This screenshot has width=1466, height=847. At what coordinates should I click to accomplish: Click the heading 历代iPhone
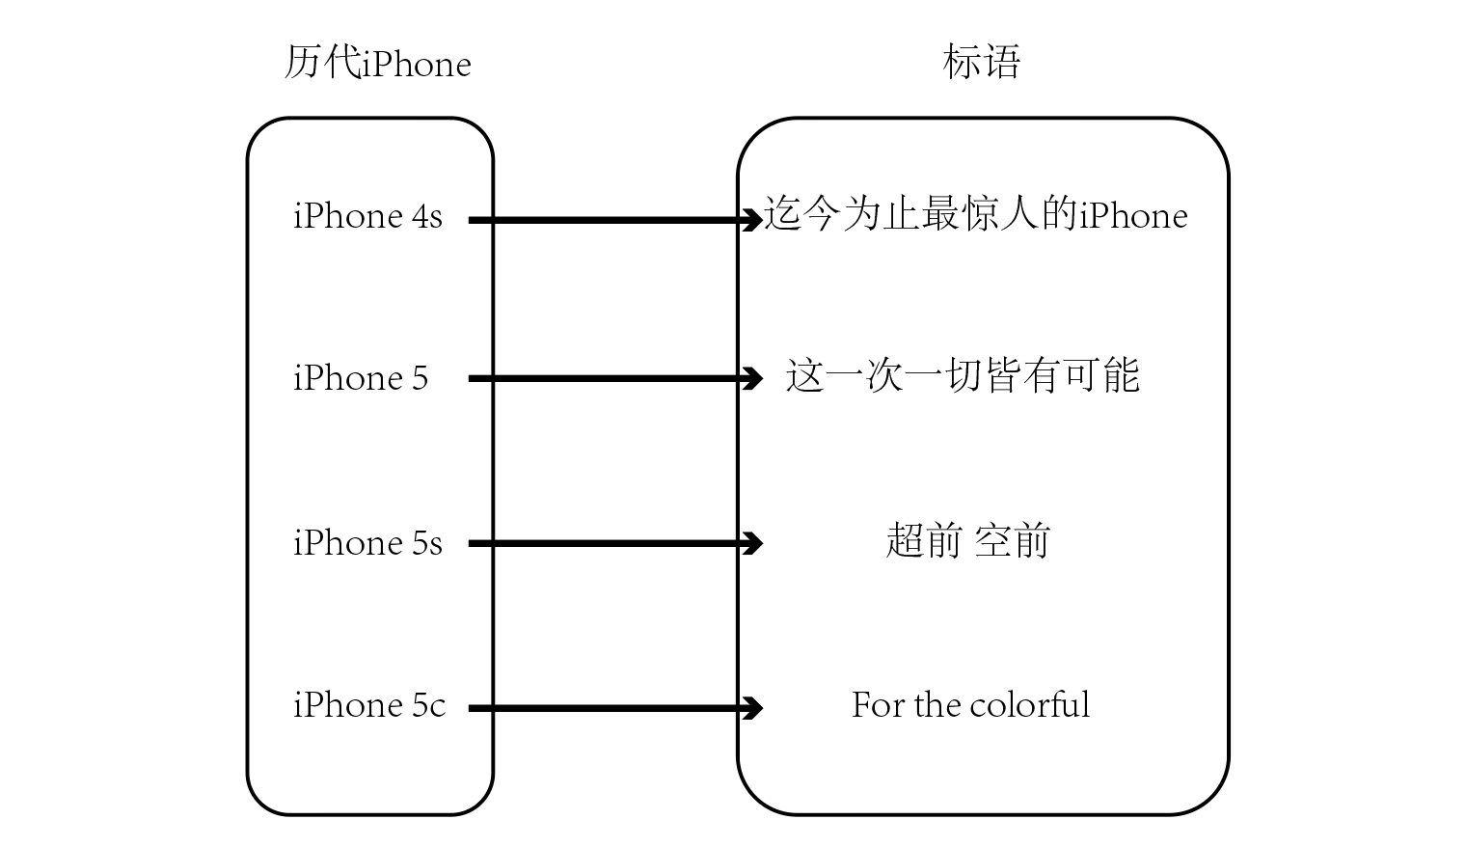[x=377, y=64]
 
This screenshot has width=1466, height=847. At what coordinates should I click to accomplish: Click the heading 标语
[x=981, y=62]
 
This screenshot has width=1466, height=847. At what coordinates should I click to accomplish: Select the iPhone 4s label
[x=367, y=216]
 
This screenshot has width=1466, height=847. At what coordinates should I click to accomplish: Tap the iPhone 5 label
[x=360, y=378]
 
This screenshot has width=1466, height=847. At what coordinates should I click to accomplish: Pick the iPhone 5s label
[x=367, y=543]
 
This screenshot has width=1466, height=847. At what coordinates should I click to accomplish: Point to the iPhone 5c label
[x=369, y=705]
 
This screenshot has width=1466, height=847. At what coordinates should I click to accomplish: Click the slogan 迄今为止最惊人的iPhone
[x=975, y=214]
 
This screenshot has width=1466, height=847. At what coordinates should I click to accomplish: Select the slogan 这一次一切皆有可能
[x=963, y=375]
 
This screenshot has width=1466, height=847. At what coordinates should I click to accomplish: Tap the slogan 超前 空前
[x=967, y=541]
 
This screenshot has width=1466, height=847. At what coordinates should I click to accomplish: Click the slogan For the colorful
[x=970, y=705]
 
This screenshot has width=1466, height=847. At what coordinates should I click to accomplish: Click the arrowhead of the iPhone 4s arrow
[x=753, y=220]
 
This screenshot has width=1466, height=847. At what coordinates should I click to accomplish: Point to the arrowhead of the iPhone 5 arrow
[x=753, y=379]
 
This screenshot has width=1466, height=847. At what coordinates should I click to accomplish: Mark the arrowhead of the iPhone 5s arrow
[x=753, y=543]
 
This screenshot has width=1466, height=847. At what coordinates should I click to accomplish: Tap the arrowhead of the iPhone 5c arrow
[x=753, y=708]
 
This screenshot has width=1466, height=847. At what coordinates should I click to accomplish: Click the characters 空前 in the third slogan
[x=1012, y=541]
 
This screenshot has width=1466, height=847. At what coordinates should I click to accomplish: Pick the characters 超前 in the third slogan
[x=923, y=541]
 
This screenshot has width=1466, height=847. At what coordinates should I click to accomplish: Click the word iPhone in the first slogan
[x=1133, y=215]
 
